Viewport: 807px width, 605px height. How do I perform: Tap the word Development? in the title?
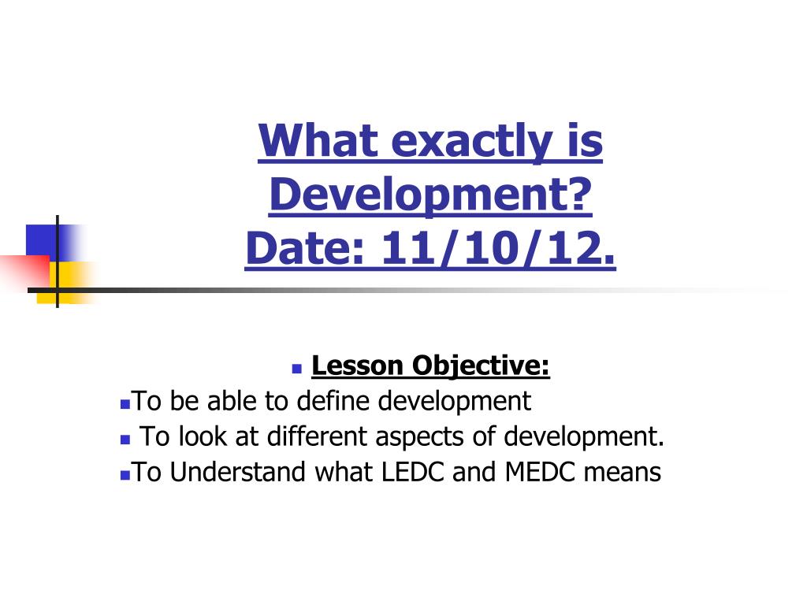pyautogui.click(x=430, y=195)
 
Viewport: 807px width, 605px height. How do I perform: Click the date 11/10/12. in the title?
pyautogui.click(x=497, y=248)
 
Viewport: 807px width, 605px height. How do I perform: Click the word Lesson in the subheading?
pyautogui.click(x=357, y=366)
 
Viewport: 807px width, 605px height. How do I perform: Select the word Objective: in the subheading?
pyautogui.click(x=481, y=366)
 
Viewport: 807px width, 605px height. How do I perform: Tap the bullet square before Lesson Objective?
pyautogui.click(x=296, y=369)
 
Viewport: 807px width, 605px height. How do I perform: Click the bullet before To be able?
pyautogui.click(x=125, y=404)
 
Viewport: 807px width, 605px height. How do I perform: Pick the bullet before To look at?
pyautogui.click(x=125, y=440)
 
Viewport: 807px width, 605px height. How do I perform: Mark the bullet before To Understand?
pyautogui.click(x=125, y=475)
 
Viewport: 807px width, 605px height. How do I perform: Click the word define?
pyautogui.click(x=333, y=400)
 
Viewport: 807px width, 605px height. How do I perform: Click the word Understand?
pyautogui.click(x=238, y=471)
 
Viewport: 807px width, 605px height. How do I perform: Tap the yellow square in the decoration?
pyautogui.click(x=69, y=282)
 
